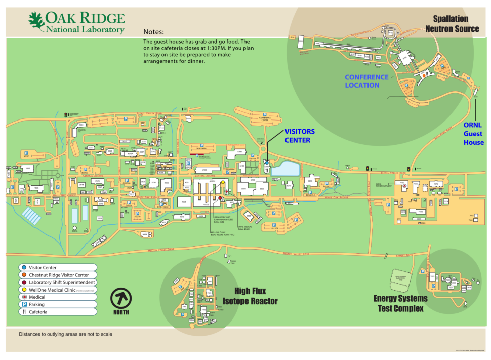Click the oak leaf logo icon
[x=36, y=21]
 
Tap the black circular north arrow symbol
[x=120, y=298]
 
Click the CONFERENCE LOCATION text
[x=366, y=81]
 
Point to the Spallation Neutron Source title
[x=452, y=24]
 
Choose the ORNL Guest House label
[x=474, y=134]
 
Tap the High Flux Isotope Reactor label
[x=250, y=296]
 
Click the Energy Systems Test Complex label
[x=400, y=303]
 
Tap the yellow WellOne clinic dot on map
[x=223, y=182]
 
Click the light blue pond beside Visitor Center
[x=285, y=168]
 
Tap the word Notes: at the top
[x=154, y=31]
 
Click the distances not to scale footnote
[x=65, y=334]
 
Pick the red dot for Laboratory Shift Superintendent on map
[x=220, y=198]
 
